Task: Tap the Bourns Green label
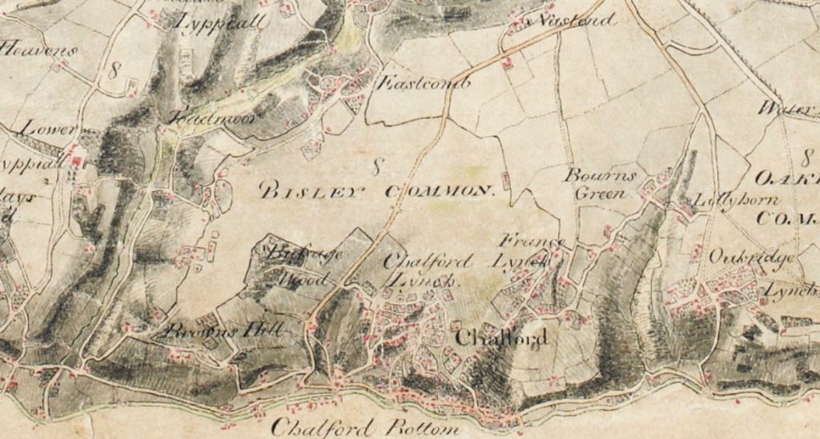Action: (x=601, y=183)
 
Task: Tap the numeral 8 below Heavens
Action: (x=114, y=70)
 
